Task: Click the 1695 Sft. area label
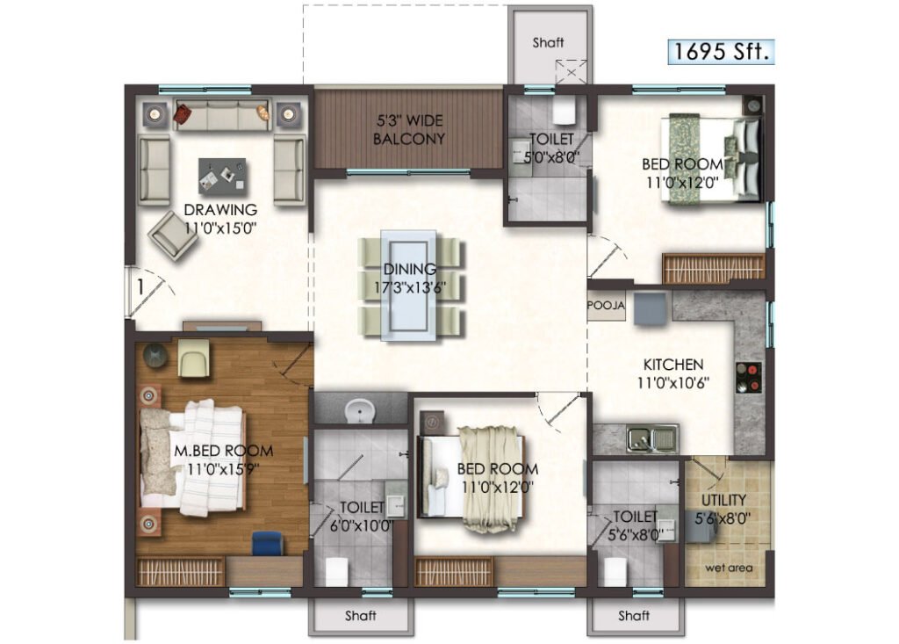(721, 51)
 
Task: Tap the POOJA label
(606, 306)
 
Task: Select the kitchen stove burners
(749, 378)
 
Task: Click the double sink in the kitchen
(652, 439)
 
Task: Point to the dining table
(409, 286)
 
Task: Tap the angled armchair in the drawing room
(173, 235)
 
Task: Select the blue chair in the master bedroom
(268, 543)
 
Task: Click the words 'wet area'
(729, 568)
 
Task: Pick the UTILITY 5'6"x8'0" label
(723, 509)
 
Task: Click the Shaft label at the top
(548, 42)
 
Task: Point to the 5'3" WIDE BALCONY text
(409, 130)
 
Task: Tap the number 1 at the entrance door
(140, 286)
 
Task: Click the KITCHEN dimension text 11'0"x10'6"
(673, 382)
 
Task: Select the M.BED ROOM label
(224, 451)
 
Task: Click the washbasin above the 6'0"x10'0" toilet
(359, 411)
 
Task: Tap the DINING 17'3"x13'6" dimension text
(409, 287)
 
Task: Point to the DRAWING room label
(220, 210)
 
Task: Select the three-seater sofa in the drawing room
(221, 115)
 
